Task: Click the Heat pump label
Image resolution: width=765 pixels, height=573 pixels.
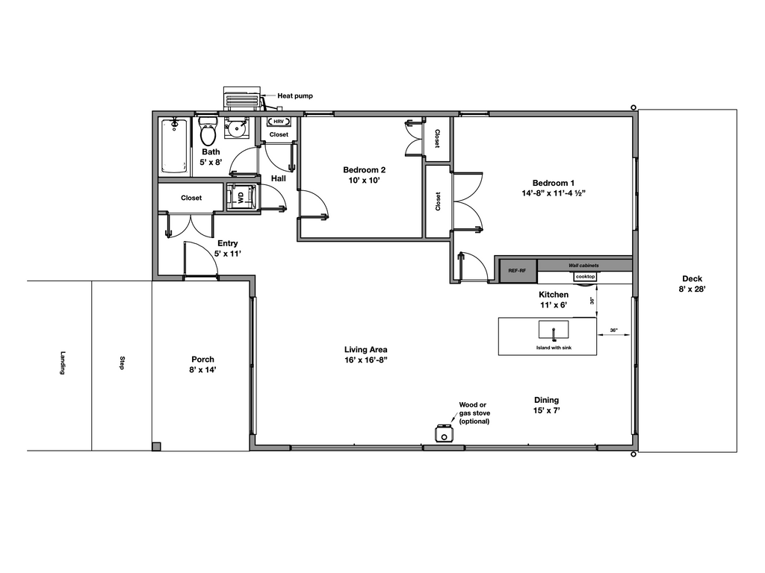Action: (295, 95)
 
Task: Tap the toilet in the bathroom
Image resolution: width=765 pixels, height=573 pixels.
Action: (208, 134)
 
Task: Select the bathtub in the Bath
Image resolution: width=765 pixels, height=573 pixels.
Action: (174, 145)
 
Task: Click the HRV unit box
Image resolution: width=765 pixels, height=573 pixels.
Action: (278, 121)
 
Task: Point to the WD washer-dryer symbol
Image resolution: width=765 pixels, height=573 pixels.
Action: (241, 198)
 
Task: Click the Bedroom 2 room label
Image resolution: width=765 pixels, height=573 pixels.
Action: (364, 169)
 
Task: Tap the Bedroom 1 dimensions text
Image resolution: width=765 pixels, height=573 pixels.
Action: (554, 193)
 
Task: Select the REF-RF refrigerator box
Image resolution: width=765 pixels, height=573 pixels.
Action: (518, 271)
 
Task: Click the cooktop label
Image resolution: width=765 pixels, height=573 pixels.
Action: (585, 277)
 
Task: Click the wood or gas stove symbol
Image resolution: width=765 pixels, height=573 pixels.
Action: (444, 433)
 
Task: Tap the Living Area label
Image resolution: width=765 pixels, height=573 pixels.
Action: (365, 349)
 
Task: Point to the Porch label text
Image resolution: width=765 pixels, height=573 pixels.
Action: (202, 359)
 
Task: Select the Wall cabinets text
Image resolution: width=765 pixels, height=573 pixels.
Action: (583, 265)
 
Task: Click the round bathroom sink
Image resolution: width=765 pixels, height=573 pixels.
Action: (235, 129)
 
